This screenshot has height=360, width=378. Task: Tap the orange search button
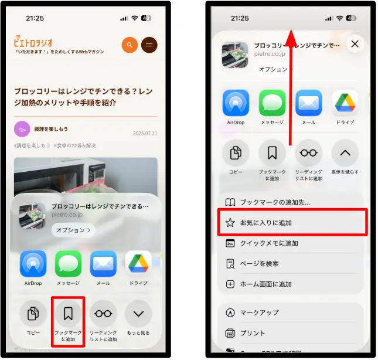(130, 45)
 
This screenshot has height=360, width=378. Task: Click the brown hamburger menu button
(149, 45)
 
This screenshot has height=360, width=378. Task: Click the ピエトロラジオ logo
(34, 42)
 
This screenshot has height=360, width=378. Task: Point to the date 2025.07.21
(145, 133)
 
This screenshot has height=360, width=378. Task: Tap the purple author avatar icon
(22, 129)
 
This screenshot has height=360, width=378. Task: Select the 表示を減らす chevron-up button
(345, 154)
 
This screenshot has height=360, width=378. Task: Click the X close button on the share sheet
(354, 44)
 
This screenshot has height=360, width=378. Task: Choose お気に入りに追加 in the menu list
(266, 223)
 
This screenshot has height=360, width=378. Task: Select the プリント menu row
(253, 333)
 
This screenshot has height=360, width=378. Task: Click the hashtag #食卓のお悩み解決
(75, 145)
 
